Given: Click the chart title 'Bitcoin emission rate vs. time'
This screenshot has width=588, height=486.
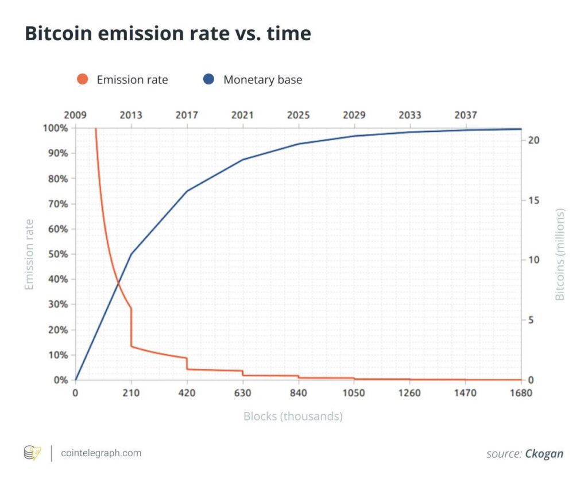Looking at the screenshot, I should (x=168, y=34).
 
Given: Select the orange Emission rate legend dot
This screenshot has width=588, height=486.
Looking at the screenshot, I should (x=82, y=79).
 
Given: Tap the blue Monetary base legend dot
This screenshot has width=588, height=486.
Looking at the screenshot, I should (x=209, y=79).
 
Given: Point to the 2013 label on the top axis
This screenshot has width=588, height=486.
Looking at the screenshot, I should (x=131, y=115).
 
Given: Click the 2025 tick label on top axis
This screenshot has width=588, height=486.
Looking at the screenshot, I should (x=298, y=115).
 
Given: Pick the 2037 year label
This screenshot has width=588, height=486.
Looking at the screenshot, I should (x=465, y=115).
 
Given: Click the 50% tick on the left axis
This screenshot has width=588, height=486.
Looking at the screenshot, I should (x=56, y=254).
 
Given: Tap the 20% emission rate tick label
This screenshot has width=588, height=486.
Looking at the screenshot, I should (x=56, y=330).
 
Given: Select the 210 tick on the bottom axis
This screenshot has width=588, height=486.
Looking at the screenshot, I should (x=131, y=394).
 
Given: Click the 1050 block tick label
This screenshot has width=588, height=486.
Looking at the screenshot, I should (x=354, y=394).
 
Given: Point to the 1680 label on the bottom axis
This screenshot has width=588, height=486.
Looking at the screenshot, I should (x=521, y=394).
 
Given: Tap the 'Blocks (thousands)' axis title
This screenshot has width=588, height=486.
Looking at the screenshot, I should (x=293, y=416).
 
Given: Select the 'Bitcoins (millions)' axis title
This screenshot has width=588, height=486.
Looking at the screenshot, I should (x=560, y=254).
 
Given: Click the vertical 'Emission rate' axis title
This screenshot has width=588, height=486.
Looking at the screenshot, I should (x=29, y=254).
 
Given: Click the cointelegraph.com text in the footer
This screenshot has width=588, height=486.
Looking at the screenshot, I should (x=101, y=453).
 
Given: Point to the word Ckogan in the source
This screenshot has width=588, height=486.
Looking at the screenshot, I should (x=544, y=454).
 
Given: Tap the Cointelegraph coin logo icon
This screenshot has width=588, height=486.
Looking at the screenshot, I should (x=32, y=453).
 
